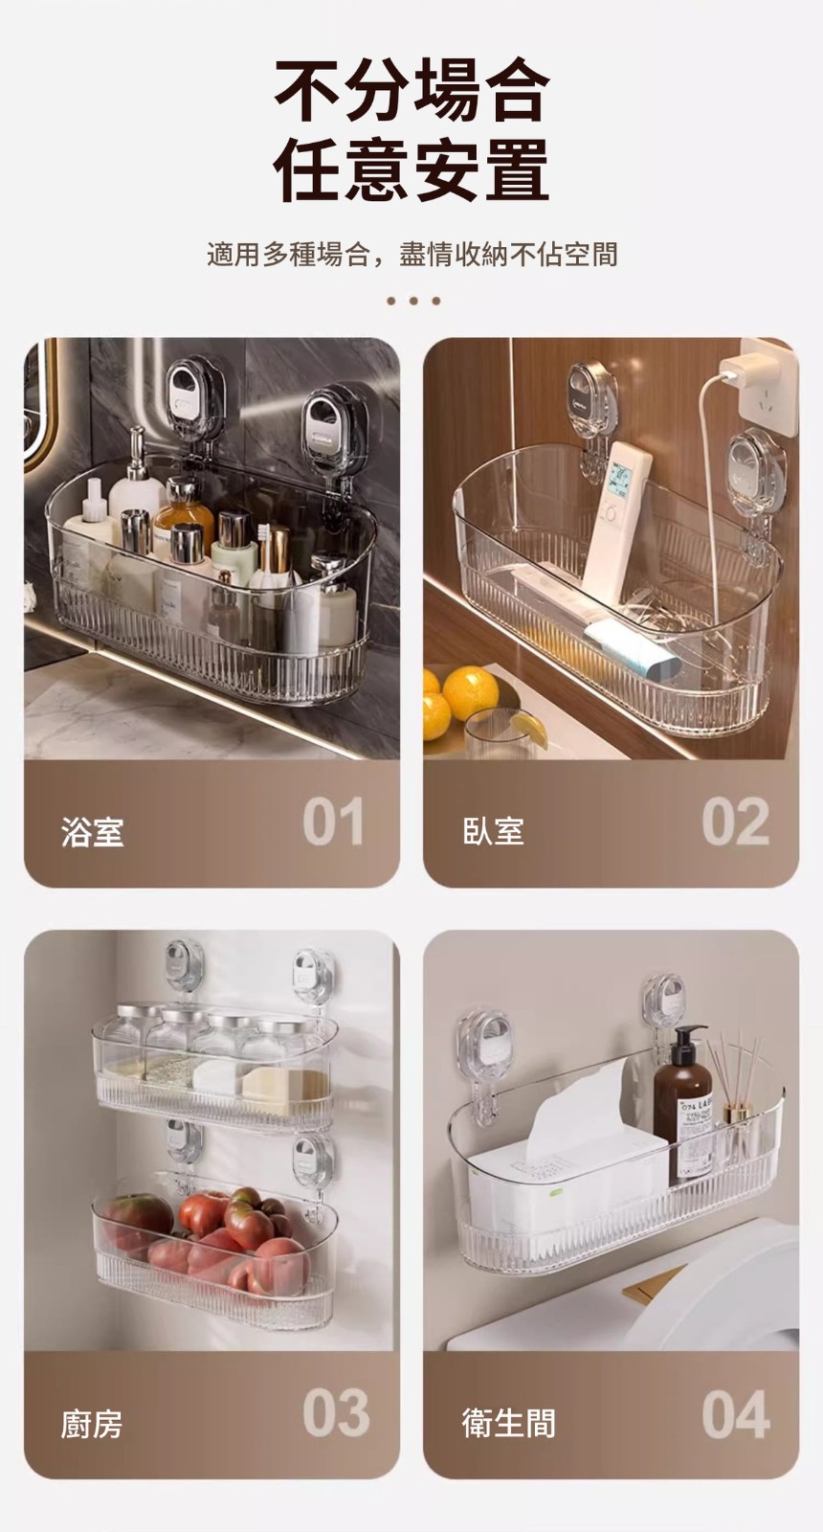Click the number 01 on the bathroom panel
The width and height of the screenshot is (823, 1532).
(333, 822)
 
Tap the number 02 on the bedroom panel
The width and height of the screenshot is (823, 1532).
(736, 822)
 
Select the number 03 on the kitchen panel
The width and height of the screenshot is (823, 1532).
(336, 1413)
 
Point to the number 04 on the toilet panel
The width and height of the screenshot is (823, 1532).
(736, 1413)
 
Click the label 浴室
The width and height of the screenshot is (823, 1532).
(92, 832)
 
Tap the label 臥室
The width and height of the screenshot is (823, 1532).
(493, 832)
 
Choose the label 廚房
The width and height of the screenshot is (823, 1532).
(92, 1424)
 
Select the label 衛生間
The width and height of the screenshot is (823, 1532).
(508, 1424)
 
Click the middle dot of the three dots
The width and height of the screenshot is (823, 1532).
(412, 301)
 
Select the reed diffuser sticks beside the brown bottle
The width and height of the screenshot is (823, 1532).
(736, 1071)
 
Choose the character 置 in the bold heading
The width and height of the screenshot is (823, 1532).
(516, 169)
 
